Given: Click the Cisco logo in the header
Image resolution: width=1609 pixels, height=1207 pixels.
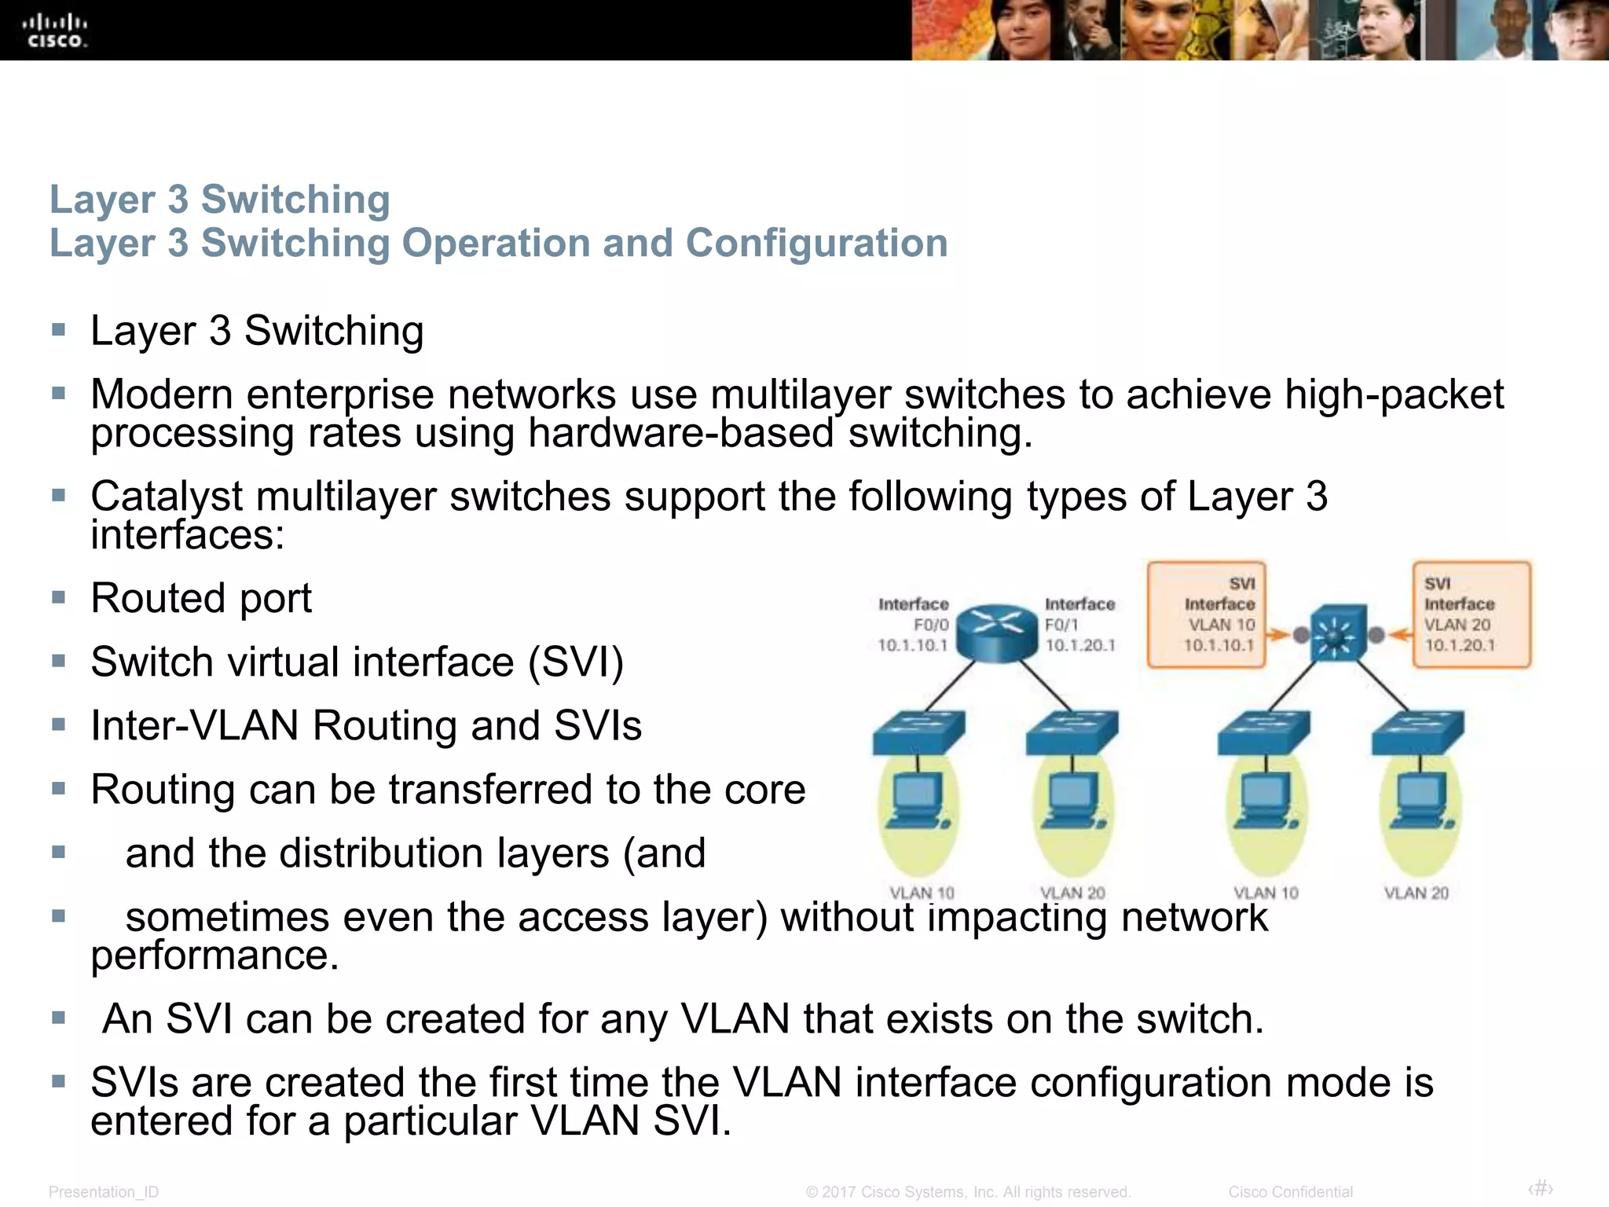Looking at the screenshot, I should point(54,31).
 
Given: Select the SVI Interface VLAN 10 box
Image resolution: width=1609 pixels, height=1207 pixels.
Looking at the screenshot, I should point(1206,615).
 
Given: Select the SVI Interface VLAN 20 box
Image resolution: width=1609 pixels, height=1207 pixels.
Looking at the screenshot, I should point(1472,615).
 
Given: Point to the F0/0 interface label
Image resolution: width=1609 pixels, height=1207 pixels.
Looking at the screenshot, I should point(931,625).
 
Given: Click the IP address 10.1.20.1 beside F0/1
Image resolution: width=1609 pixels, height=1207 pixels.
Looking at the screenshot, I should point(1079,645).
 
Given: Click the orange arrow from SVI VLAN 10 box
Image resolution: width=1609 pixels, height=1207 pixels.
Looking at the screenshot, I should point(1279,634).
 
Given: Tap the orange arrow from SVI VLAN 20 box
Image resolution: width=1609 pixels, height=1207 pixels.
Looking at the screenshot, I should point(1399,634).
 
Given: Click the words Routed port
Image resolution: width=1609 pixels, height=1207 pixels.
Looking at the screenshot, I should point(201,598).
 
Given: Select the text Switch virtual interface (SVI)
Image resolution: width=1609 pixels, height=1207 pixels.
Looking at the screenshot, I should point(357,662).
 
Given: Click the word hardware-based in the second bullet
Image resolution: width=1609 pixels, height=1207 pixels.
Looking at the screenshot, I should point(680,433).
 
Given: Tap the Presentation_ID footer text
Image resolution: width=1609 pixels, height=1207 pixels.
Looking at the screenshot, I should point(104,1191).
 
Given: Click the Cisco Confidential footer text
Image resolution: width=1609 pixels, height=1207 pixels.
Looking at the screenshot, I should point(1290,1191).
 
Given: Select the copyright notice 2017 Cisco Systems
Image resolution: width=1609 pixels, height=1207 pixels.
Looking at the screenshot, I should point(968,1191).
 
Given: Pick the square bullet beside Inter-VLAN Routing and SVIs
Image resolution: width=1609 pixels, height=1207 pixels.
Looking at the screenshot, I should point(58,725).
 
